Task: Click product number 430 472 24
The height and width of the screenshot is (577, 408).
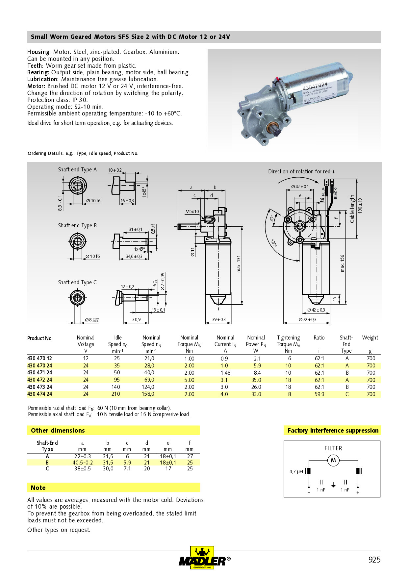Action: tap(39, 380)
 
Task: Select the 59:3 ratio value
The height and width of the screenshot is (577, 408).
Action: tap(319, 394)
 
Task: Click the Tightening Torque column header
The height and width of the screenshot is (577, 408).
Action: tap(288, 341)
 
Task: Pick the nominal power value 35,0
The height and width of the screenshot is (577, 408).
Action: tap(256, 380)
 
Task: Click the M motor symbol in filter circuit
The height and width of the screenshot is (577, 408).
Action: tap(333, 460)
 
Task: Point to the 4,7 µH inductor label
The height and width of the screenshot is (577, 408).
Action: tap(296, 471)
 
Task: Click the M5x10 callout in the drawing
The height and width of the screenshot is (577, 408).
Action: tap(192, 212)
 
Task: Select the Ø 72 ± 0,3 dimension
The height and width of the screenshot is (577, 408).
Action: tap(307, 319)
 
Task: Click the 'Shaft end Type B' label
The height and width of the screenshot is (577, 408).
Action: tap(77, 225)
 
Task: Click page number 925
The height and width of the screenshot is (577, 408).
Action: tap(374, 560)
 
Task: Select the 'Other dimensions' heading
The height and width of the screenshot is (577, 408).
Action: tap(58, 430)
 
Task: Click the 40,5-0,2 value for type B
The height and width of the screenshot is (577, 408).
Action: tap(83, 463)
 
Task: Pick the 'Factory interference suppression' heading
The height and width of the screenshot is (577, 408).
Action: tap(333, 430)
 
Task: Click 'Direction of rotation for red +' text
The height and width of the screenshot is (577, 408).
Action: tap(301, 171)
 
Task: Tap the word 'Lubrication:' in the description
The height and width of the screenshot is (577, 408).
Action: tap(43, 79)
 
